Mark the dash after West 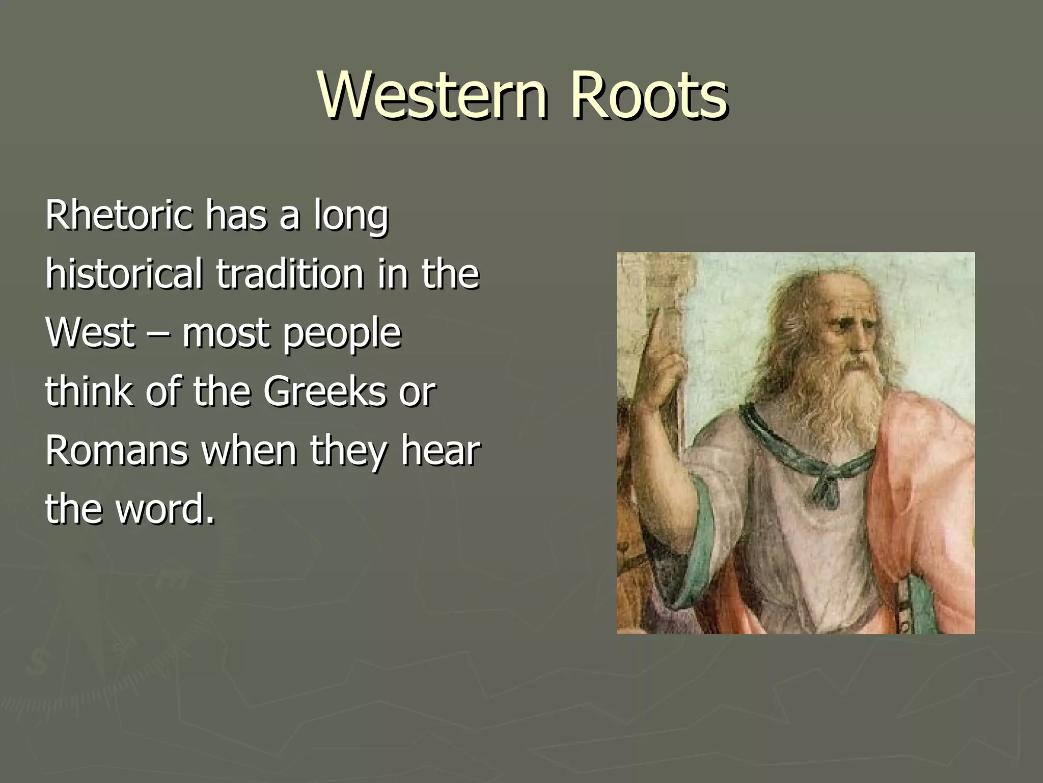[x=158, y=334]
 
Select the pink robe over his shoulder [x=927, y=459]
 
